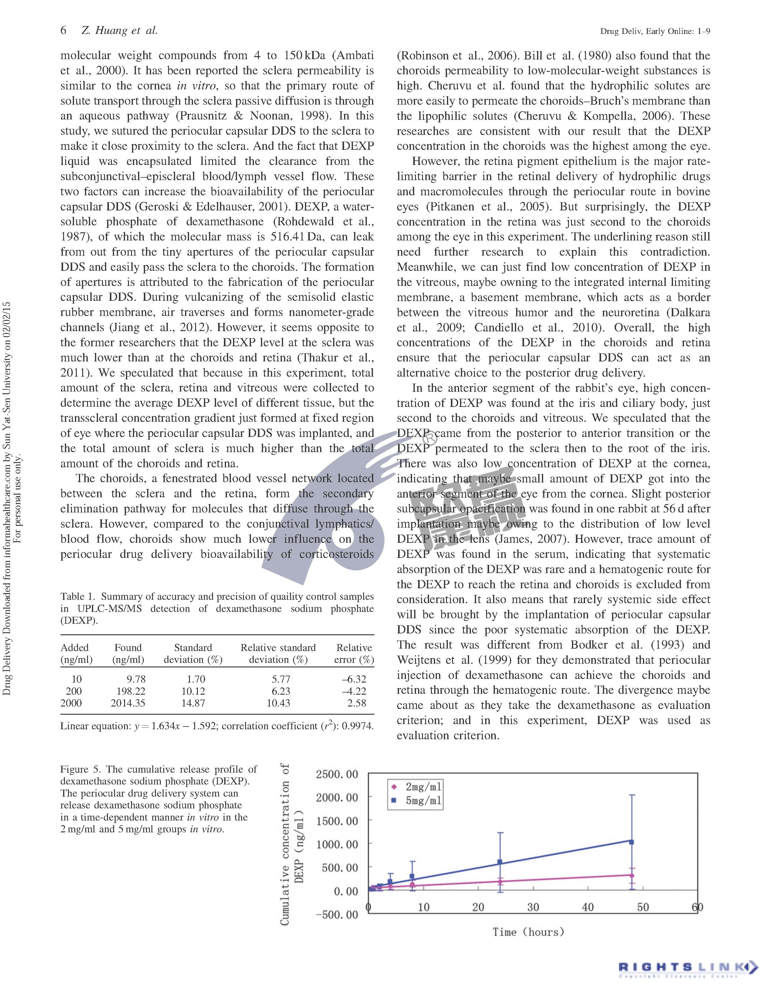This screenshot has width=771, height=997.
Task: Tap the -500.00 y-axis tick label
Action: point(337,915)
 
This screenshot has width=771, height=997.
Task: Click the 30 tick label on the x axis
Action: point(533,907)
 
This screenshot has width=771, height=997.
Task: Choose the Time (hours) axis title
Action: point(528,932)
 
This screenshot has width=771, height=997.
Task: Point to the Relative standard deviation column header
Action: point(278,653)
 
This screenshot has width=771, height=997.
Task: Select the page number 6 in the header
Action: point(63,31)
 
